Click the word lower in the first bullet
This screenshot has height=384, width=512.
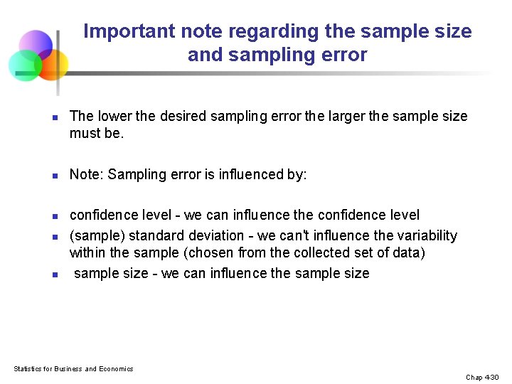pyautogui.click(x=114, y=116)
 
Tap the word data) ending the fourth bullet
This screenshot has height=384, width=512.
pyautogui.click(x=407, y=252)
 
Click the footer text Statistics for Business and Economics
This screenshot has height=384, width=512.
pyautogui.click(x=73, y=368)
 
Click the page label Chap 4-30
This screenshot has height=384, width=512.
pyautogui.click(x=483, y=377)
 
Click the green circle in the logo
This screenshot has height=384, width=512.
pyautogui.click(x=24, y=65)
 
